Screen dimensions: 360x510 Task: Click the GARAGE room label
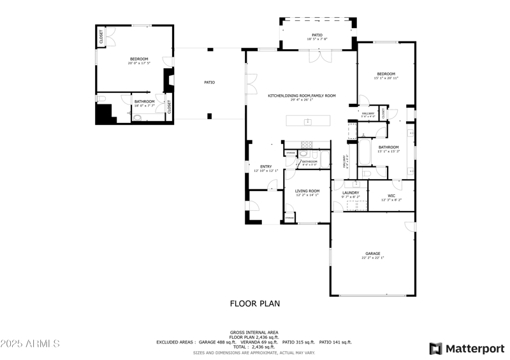point(372,254)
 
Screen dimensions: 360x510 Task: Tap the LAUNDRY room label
point(350,193)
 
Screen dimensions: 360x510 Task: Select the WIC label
point(391,196)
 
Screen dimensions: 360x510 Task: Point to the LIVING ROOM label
point(307,191)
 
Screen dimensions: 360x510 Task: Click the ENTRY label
point(265,167)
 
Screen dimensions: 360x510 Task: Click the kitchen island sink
point(307,121)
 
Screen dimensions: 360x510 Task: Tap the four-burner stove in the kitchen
point(307,144)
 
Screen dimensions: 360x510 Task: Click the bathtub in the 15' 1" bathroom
point(366,153)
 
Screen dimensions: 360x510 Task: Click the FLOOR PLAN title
point(255,304)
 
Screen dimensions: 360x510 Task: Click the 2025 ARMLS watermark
point(30,344)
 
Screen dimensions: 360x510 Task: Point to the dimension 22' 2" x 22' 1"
point(372,258)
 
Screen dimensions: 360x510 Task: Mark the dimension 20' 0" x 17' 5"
point(138,63)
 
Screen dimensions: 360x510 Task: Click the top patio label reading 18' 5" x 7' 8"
point(317,39)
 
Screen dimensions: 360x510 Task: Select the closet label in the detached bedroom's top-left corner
point(101,38)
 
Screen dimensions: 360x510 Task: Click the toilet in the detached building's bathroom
point(138,117)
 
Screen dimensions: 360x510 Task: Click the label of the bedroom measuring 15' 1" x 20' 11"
point(386,74)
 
